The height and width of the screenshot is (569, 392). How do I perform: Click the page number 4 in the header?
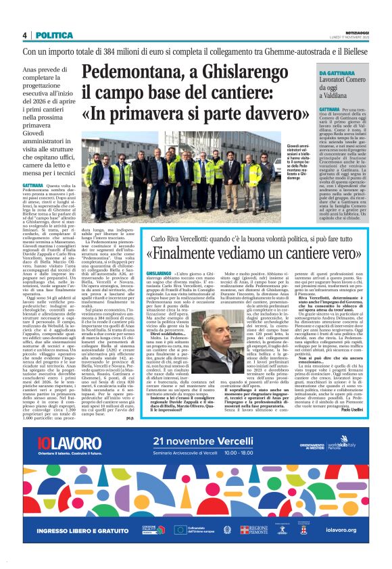[25, 35]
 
